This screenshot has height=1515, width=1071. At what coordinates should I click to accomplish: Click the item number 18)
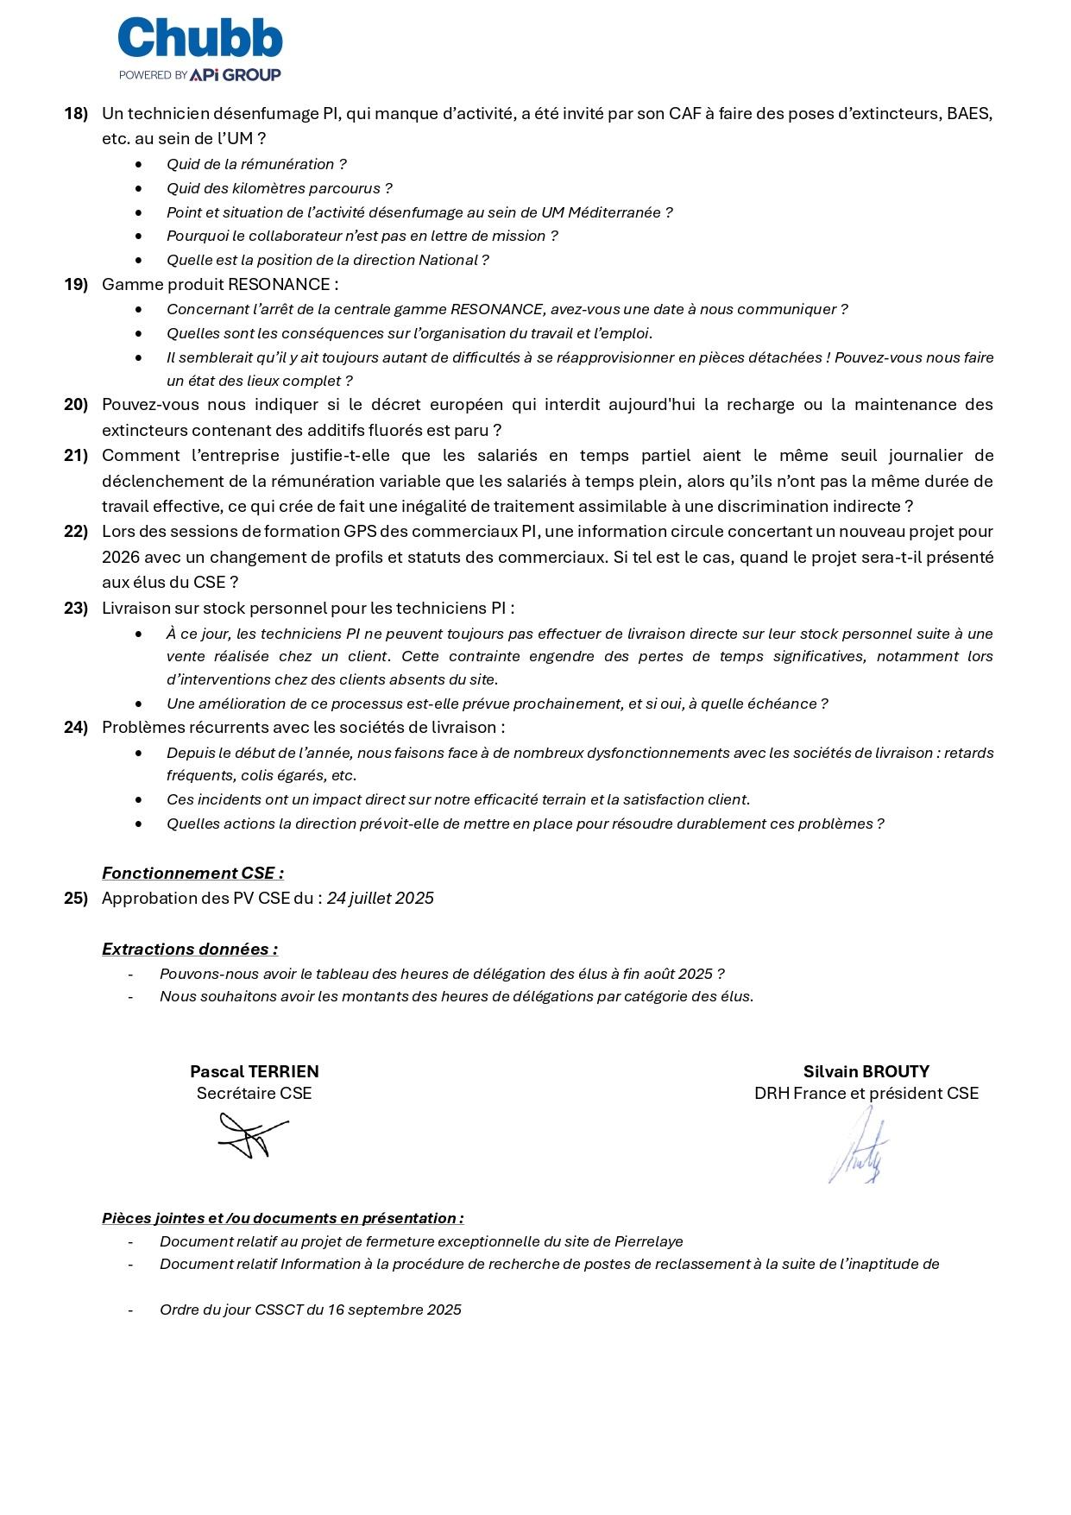(x=76, y=114)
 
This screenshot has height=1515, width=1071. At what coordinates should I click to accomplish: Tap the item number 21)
(x=76, y=456)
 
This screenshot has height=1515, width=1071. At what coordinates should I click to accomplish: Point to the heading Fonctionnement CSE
(x=192, y=874)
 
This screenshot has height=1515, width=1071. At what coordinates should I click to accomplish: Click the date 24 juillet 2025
(x=380, y=899)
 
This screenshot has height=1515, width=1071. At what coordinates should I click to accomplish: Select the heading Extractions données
(x=190, y=950)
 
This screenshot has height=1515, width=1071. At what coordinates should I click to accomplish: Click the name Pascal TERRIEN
(x=254, y=1072)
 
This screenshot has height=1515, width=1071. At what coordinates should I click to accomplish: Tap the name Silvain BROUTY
(x=866, y=1072)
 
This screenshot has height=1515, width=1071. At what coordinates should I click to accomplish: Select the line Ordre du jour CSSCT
(x=310, y=1310)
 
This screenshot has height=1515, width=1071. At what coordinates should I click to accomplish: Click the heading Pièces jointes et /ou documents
(x=282, y=1219)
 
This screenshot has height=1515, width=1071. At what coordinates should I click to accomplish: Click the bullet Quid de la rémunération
(x=256, y=164)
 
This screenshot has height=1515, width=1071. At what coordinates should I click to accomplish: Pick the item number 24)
(x=76, y=728)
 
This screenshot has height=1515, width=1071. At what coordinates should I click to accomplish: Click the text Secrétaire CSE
(x=254, y=1094)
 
